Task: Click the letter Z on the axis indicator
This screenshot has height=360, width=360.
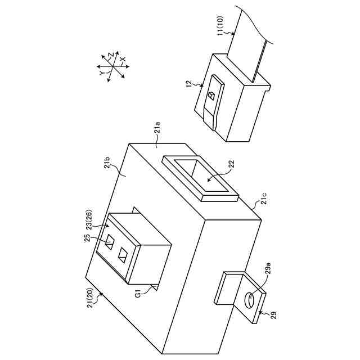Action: (x=111, y=55)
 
